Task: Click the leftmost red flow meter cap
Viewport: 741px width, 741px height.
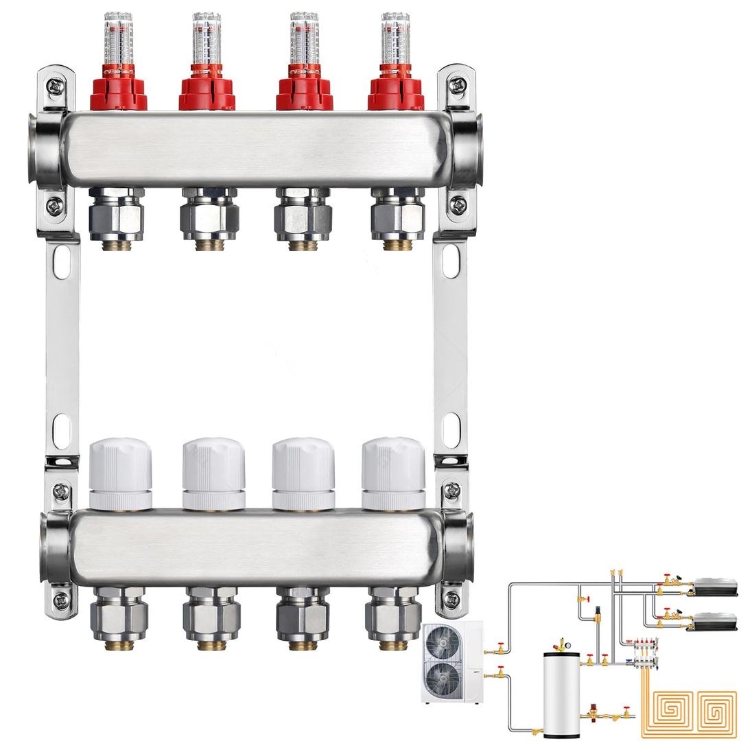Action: [118, 92]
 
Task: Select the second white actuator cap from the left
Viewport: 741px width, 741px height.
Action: [213, 473]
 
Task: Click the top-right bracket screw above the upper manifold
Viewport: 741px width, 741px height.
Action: [457, 86]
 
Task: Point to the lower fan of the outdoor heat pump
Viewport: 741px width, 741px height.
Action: [443, 681]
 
